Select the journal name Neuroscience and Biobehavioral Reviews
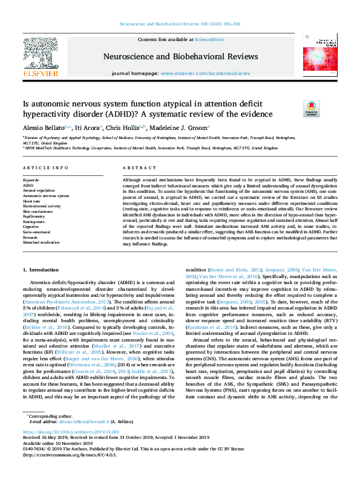pos(180,57)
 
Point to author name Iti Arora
pos(89,128)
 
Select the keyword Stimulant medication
pos(41,242)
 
